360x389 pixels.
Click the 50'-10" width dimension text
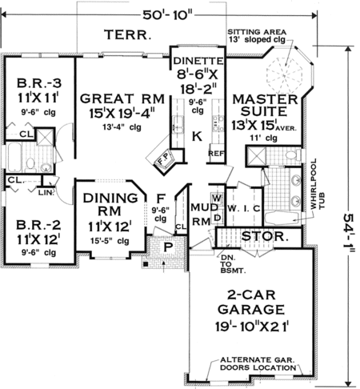point(167,15)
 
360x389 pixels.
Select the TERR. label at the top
point(128,34)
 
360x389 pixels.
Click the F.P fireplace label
point(162,161)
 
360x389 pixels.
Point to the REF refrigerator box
point(216,154)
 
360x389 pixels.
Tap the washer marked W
point(217,199)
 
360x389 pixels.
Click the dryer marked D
point(218,218)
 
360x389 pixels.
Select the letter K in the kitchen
point(198,137)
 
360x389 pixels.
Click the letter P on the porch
point(167,247)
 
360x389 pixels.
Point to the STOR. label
point(265,236)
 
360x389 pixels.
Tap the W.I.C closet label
point(244,209)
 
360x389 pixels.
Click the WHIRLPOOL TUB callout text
point(318,184)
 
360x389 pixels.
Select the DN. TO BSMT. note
point(232,264)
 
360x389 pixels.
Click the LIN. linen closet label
point(46,192)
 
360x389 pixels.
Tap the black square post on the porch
point(146,264)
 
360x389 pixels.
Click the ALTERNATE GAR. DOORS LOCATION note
point(258,363)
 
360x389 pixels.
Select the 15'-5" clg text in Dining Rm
point(110,241)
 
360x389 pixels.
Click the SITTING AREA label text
point(257,32)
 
